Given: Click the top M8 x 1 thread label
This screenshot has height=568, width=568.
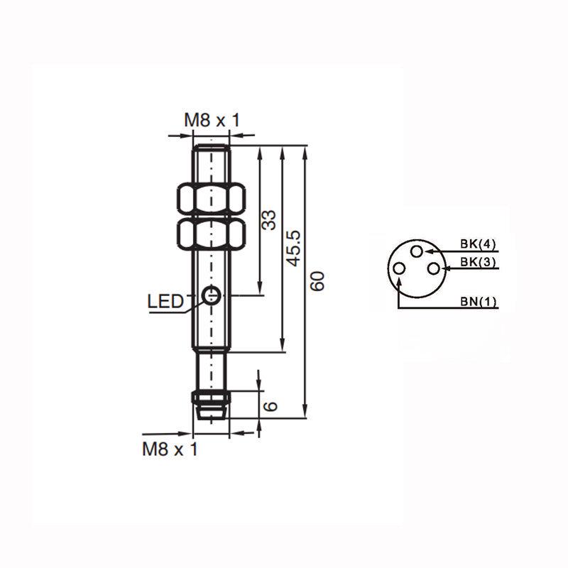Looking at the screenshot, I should (x=212, y=121).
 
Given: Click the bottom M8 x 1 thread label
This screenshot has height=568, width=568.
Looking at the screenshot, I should (x=170, y=449).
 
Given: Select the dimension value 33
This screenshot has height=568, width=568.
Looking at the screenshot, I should (x=269, y=220).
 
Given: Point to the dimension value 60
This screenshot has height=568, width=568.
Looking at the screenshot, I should (x=317, y=282).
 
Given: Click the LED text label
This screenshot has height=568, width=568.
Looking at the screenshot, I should (x=165, y=302).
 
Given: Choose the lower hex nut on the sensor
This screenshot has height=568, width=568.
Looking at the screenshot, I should (x=211, y=234).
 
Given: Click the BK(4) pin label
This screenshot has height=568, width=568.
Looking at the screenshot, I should (x=478, y=244).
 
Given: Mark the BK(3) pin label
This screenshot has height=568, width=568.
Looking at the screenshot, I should (x=478, y=262).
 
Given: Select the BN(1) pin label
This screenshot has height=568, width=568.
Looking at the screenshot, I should (x=478, y=302).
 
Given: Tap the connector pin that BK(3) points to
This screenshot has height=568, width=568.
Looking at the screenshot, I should (x=432, y=268).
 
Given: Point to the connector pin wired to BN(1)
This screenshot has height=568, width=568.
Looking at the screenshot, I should (x=400, y=268).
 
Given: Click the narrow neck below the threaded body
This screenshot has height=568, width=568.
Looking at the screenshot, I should (x=211, y=369).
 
